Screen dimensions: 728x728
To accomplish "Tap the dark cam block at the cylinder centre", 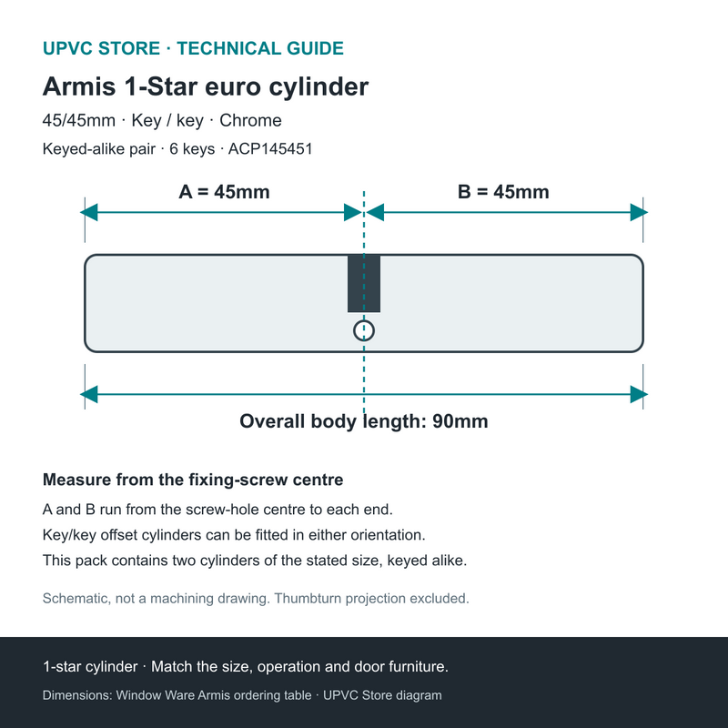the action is pyautogui.click(x=364, y=283).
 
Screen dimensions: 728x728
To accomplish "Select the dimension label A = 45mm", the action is pyautogui.click(x=224, y=192).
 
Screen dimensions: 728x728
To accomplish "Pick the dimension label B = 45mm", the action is pyautogui.click(x=503, y=192).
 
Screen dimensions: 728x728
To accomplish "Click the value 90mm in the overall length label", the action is pyautogui.click(x=460, y=421).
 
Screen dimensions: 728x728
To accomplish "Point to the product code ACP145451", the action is pyautogui.click(x=270, y=149).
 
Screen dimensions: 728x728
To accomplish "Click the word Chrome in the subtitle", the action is pyautogui.click(x=251, y=120).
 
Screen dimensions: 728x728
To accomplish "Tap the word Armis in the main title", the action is pyautogui.click(x=79, y=86).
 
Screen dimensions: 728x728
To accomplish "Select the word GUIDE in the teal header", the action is pyautogui.click(x=315, y=48).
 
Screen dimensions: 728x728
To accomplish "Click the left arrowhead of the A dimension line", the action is pyautogui.click(x=88, y=213).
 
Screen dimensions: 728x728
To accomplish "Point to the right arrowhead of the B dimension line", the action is pyautogui.click(x=639, y=213).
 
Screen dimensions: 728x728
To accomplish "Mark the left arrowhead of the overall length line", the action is pyautogui.click(x=88, y=395).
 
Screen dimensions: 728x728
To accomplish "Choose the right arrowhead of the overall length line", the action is pyautogui.click(x=639, y=395).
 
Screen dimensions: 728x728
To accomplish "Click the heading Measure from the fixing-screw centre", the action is pyautogui.click(x=193, y=480).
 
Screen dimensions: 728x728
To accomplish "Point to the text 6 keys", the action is pyautogui.click(x=192, y=149).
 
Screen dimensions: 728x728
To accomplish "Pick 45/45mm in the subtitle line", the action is pyautogui.click(x=79, y=120).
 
